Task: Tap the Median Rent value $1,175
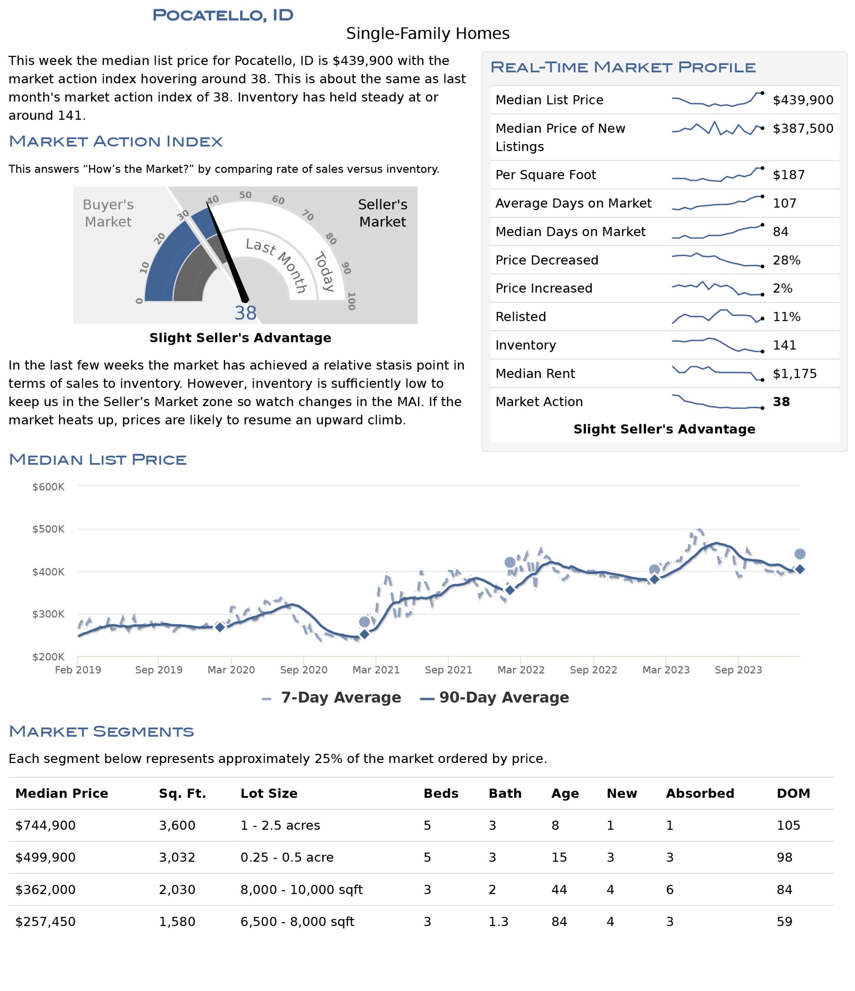pos(795,374)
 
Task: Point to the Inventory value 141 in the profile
pos(785,345)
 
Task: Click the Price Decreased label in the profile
pos(547,260)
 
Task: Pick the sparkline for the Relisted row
pos(717,317)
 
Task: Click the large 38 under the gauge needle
pos(246,313)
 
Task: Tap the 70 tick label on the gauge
pos(307,215)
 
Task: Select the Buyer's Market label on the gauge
pos(108,213)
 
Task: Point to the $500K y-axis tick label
pos(48,529)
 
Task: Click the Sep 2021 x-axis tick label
pos(448,670)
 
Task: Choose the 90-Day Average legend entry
pos(494,697)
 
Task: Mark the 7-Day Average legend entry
pos(331,697)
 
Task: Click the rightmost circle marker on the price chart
pos(800,554)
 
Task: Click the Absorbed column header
pos(700,794)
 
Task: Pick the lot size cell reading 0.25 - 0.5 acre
pos(287,857)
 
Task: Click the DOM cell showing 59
pos(785,922)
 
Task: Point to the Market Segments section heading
pos(101,731)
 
